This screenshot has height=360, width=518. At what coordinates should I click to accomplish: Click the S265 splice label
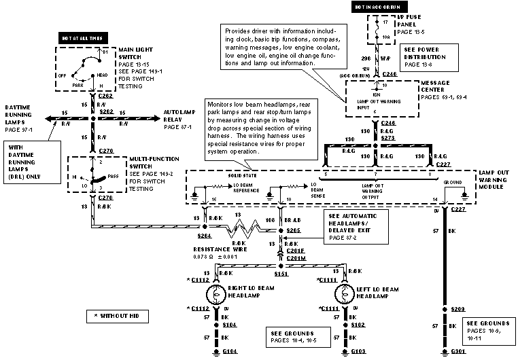[x=294, y=231]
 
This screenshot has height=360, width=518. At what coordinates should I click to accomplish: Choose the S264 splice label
[x=205, y=236]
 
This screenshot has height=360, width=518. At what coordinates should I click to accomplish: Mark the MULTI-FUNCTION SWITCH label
[x=149, y=164]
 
